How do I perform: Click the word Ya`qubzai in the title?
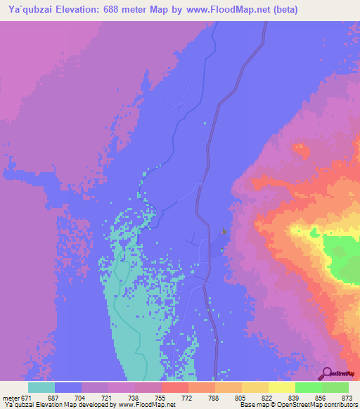pyautogui.click(x=30, y=10)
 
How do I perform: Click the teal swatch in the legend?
pyautogui.click(x=41, y=387)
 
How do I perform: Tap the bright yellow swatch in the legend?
pyautogui.click(x=281, y=387)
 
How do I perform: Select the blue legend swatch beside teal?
pyautogui.click(x=68, y=387)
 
